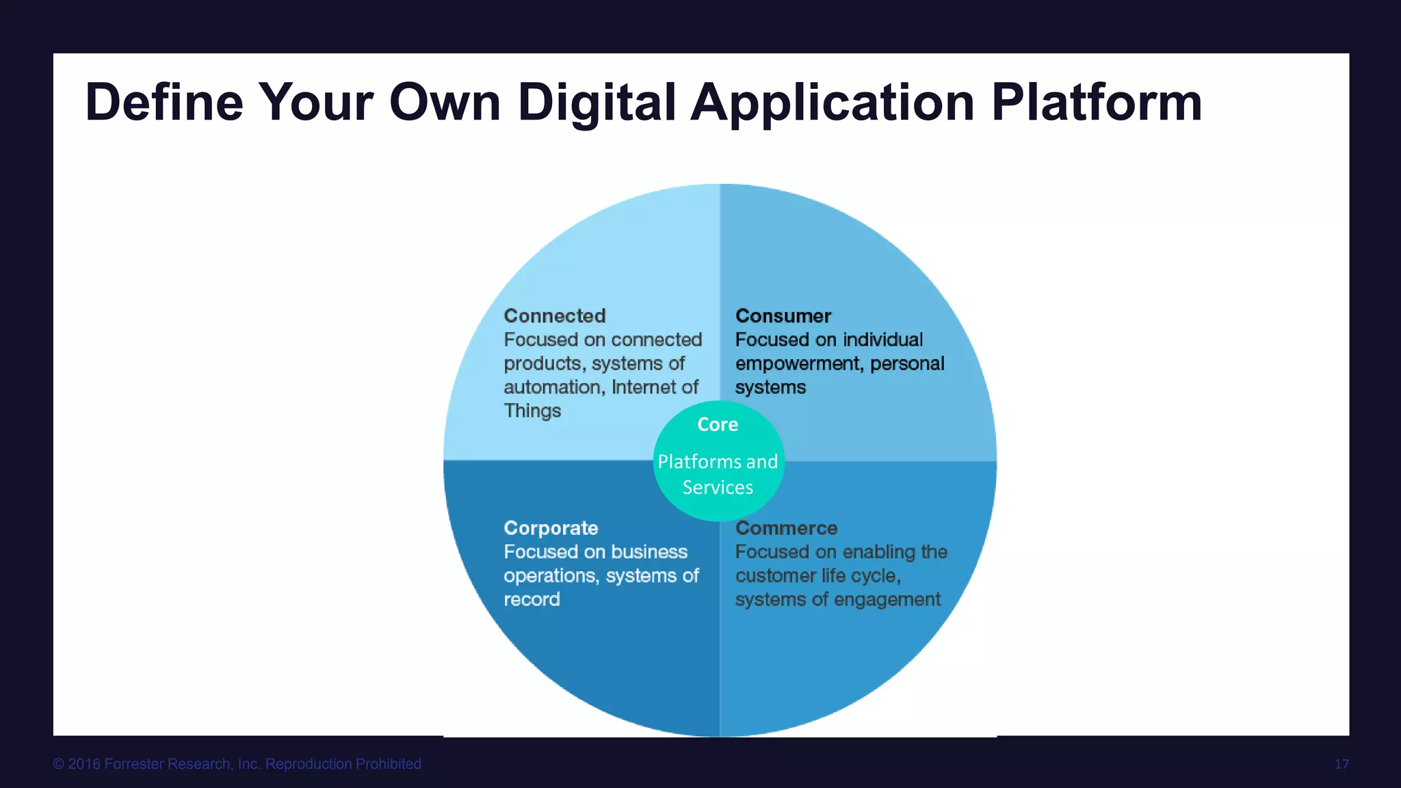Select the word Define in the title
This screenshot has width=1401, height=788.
point(164,103)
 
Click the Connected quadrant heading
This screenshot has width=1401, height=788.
point(555,316)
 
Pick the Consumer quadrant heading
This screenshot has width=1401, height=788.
point(783,316)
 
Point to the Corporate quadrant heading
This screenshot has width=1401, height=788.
point(551,528)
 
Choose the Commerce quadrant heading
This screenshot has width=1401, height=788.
point(786,528)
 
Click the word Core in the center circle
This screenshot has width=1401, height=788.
point(718,425)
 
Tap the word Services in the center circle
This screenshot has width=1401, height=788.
point(718,488)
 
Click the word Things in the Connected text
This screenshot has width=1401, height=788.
point(532,411)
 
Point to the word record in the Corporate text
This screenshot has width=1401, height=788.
point(532,600)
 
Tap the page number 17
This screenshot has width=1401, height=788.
point(1341,764)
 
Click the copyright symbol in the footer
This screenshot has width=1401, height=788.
point(59,764)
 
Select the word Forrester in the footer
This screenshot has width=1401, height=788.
point(135,764)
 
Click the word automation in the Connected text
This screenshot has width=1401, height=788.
point(553,387)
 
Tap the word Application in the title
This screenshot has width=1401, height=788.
point(833,103)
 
